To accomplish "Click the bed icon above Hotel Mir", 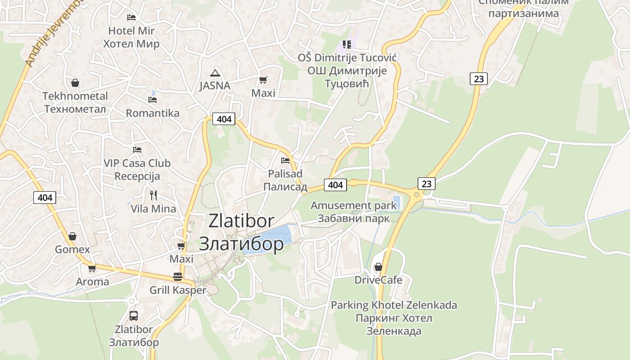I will pyautogui.click(x=131, y=18).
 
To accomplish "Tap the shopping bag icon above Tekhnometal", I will pyautogui.click(x=75, y=83).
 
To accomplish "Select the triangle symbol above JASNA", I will pyautogui.click(x=215, y=73).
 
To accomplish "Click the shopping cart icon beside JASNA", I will pyautogui.click(x=263, y=80).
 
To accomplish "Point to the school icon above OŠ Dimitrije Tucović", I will pyautogui.click(x=346, y=44).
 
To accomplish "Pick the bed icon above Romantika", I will pyautogui.click(x=153, y=99).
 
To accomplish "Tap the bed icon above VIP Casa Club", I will pyautogui.click(x=137, y=149).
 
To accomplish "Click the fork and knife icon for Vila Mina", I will pyautogui.click(x=153, y=195).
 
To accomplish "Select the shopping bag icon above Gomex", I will pyautogui.click(x=72, y=236).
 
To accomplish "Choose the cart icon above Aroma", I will pyautogui.click(x=92, y=268).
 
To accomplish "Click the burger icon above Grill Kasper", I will pyautogui.click(x=178, y=276).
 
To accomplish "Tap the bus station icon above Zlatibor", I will pyautogui.click(x=134, y=315).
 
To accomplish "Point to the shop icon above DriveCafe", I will pyautogui.click(x=378, y=267).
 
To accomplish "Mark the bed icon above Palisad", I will pyautogui.click(x=285, y=160).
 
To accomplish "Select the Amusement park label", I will pyautogui.click(x=354, y=211).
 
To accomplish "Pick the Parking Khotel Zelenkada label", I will pyautogui.click(x=394, y=318).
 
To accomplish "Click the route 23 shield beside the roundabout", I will pyautogui.click(x=427, y=184).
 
